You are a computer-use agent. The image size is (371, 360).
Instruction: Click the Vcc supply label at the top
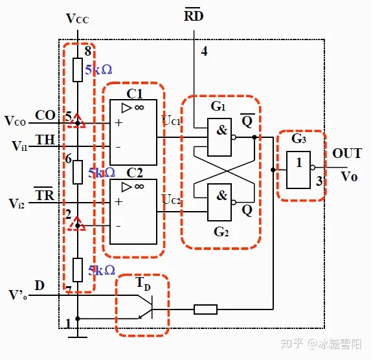(x=78, y=18)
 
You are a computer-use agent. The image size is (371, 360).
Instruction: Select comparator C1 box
(x=133, y=133)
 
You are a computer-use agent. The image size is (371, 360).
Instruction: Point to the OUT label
(x=348, y=154)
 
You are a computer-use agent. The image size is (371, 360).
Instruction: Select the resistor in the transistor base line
(x=205, y=309)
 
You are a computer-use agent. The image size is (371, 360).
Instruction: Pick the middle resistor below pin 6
(x=77, y=172)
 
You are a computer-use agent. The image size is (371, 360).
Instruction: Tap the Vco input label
(x=16, y=121)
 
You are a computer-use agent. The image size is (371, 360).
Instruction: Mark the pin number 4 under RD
(x=204, y=52)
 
